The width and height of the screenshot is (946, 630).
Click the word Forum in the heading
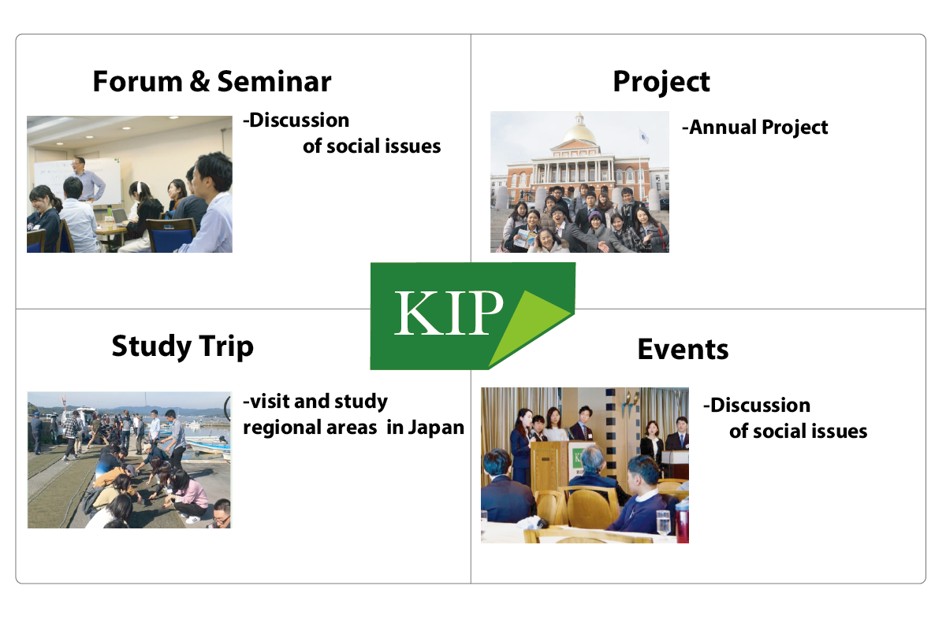coord(137,81)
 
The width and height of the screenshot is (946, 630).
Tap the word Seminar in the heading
coord(274,81)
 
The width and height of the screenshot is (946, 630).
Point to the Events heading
coord(683,350)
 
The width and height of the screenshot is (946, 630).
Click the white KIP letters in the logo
coord(449,313)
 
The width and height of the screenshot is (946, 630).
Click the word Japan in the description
coord(436,428)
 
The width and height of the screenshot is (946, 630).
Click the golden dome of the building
coord(580,133)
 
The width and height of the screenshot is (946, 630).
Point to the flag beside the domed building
coord(643,136)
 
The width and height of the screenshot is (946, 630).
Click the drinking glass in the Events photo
coord(663,523)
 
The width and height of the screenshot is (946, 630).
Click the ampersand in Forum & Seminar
coord(199,81)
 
